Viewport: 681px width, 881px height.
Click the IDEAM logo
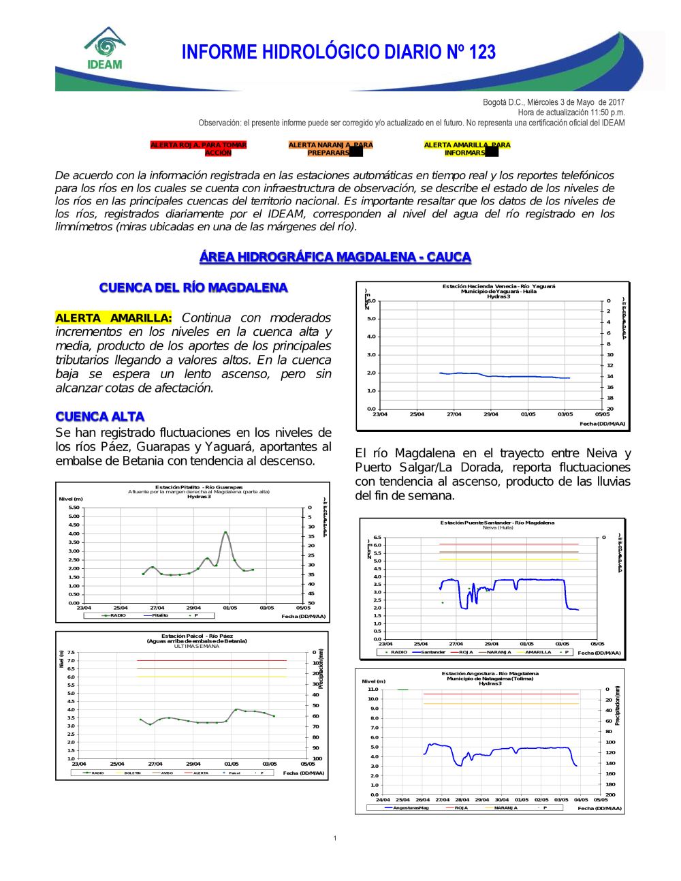(105, 50)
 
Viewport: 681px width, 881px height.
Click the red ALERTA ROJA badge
(198, 149)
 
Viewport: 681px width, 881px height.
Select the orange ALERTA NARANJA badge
(330, 149)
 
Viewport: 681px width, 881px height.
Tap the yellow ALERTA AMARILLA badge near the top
(466, 149)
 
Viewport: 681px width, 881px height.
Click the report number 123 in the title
(481, 52)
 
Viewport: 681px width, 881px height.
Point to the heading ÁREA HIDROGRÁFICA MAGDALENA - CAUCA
(335, 257)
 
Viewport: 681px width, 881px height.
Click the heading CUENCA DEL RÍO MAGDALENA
(193, 288)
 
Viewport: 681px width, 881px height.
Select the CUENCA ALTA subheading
(100, 416)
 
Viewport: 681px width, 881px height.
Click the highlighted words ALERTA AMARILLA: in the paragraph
(114, 318)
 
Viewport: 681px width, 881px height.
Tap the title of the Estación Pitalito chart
(199, 487)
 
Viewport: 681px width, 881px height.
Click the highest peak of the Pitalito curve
(225, 532)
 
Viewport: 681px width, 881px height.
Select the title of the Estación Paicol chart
(197, 636)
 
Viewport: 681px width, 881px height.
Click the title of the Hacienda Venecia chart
(498, 287)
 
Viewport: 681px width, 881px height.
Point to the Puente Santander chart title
(497, 523)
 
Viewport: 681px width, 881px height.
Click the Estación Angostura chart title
(490, 673)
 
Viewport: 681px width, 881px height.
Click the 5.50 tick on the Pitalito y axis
(74, 508)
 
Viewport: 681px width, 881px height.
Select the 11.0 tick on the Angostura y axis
(373, 690)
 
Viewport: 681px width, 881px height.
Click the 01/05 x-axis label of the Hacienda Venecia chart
(528, 414)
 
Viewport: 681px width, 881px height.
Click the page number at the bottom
(335, 838)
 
